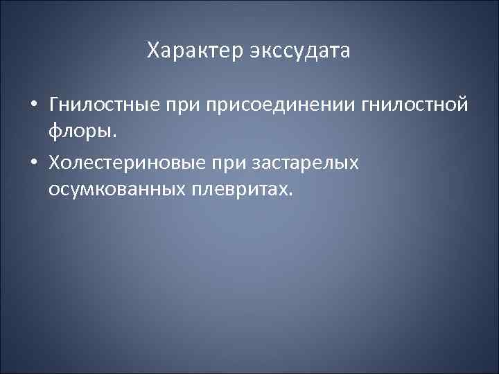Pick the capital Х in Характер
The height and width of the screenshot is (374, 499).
pyautogui.click(x=154, y=51)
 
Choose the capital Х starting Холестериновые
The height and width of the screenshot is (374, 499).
pyautogui.click(x=55, y=163)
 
